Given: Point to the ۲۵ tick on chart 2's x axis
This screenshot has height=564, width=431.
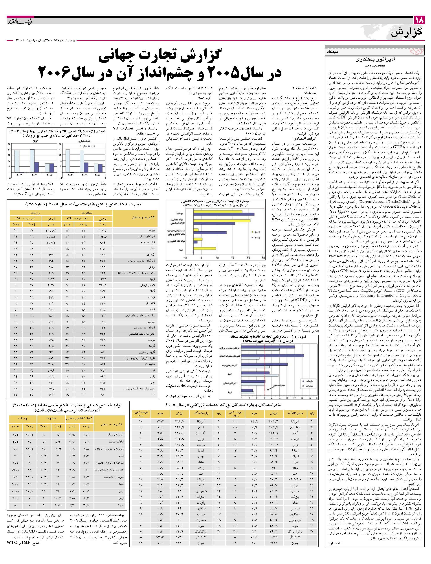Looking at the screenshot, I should [233, 257].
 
